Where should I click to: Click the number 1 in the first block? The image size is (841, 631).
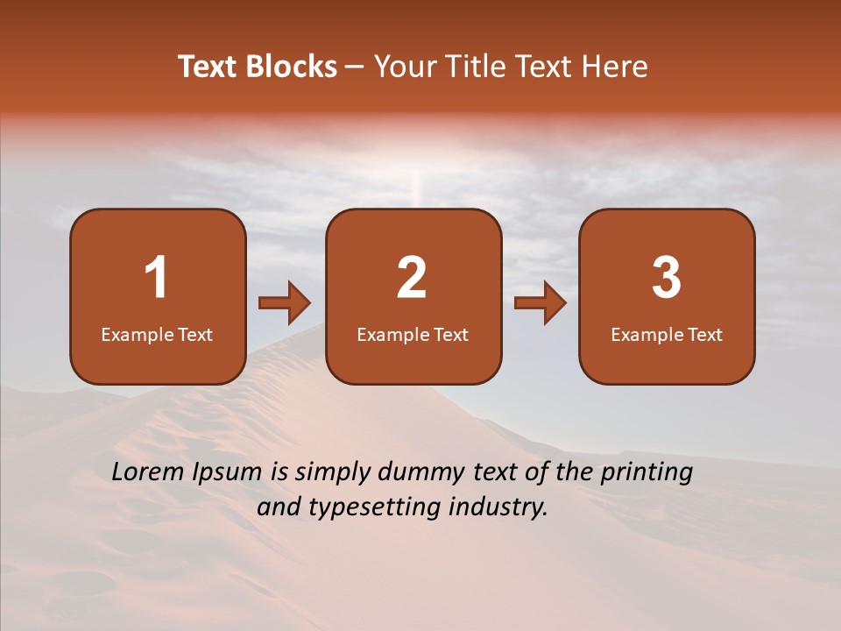[x=157, y=278]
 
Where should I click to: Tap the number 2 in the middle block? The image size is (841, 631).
[x=412, y=278]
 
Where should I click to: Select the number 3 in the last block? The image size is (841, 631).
[x=667, y=278]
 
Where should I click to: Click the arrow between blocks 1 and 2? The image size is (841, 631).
[x=285, y=303]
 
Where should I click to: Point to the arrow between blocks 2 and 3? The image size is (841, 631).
[x=541, y=303]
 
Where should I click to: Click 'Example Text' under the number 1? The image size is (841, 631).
[x=157, y=335]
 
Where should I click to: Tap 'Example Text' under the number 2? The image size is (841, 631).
[x=413, y=335]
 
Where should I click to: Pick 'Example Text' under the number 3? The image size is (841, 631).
[x=667, y=335]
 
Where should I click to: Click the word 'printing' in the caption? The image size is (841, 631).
[x=647, y=473]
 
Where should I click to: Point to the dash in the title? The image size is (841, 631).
[x=355, y=67]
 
